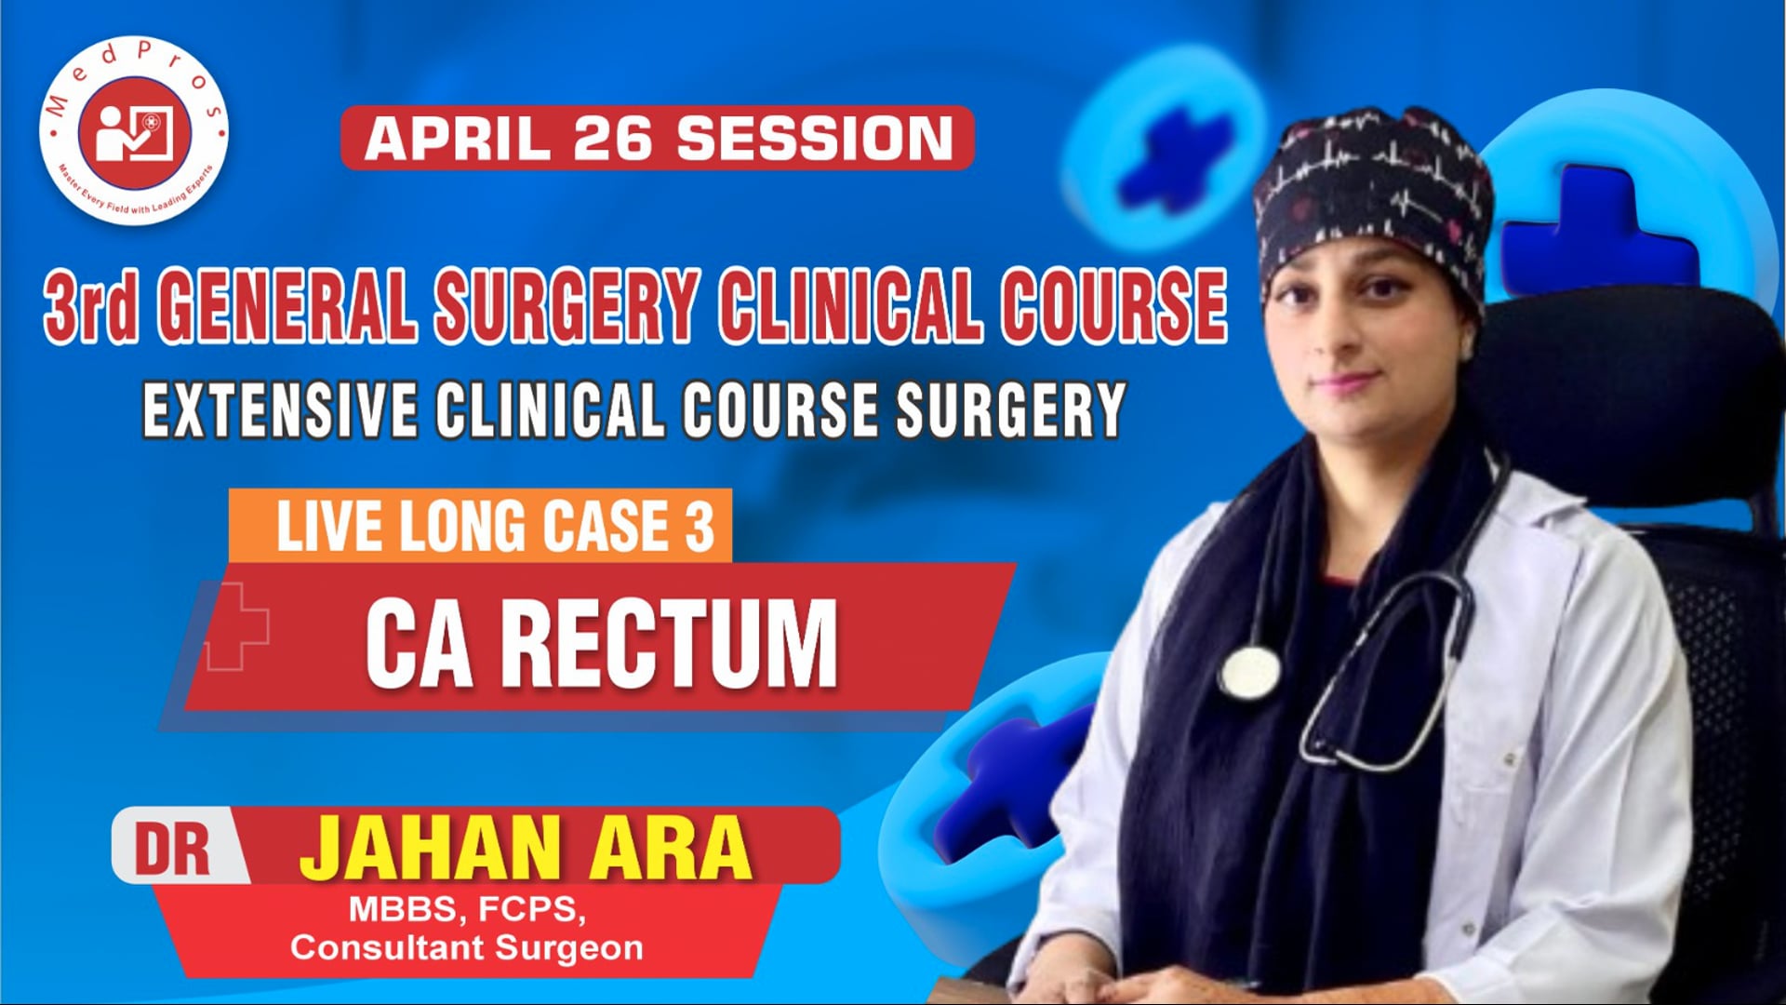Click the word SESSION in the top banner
pyautogui.click(x=815, y=139)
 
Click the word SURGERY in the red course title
pyautogui.click(x=566, y=305)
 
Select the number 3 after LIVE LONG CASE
pyautogui.click(x=700, y=527)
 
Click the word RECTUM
pyautogui.click(x=670, y=644)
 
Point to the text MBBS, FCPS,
pyautogui.click(x=467, y=909)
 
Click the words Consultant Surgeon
pyautogui.click(x=467, y=948)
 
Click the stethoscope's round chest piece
pyautogui.click(x=1248, y=672)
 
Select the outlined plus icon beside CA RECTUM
pyautogui.click(x=236, y=627)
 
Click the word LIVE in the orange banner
pyautogui.click(x=331, y=527)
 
